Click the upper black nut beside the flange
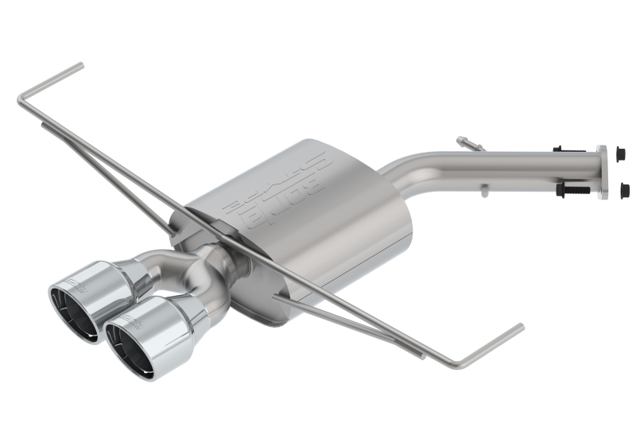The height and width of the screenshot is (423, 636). click(621, 153)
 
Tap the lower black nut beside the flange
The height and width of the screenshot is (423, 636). click(624, 189)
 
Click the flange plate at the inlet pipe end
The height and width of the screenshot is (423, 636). click(602, 171)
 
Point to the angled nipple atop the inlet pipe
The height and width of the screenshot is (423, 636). click(469, 144)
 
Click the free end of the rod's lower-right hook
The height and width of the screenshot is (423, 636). click(522, 326)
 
